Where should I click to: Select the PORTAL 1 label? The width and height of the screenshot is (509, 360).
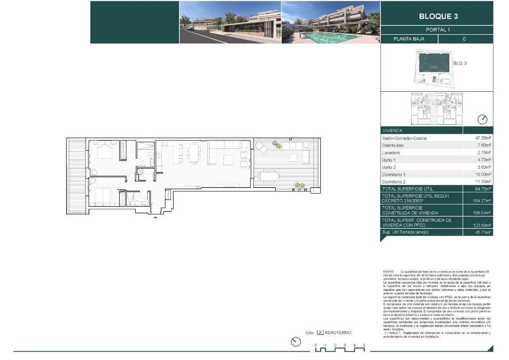(x=438, y=30)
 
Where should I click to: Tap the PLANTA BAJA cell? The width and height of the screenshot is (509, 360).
(x=408, y=39)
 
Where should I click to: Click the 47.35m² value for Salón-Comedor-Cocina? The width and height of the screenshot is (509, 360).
(x=483, y=138)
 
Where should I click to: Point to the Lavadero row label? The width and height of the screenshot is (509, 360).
(x=391, y=153)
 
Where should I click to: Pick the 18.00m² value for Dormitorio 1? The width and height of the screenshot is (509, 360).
(x=483, y=174)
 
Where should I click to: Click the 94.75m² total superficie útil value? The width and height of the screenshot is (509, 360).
(x=483, y=189)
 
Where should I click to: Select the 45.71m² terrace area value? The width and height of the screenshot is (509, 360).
(x=483, y=233)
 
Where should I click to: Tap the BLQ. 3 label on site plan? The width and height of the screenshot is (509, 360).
(x=460, y=63)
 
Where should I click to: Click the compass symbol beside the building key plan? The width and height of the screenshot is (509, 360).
(x=482, y=119)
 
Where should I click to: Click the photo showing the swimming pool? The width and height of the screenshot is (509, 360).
(x=330, y=22)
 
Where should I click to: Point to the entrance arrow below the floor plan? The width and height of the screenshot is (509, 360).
(x=156, y=217)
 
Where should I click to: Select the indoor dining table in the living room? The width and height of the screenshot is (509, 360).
(x=195, y=152)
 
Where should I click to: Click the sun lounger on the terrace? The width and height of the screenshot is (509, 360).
(x=260, y=147)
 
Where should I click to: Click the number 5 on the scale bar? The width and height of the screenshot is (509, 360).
(x=364, y=345)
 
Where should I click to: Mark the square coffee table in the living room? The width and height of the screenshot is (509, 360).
(x=229, y=160)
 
